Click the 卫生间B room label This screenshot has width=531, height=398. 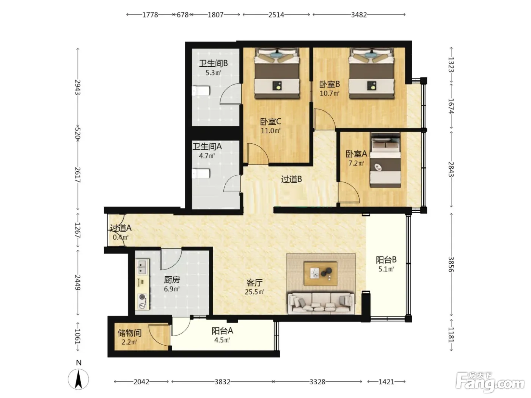214,64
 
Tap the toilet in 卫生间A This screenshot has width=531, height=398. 201,174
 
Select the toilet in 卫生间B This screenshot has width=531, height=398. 201,91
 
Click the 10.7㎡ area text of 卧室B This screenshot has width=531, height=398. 330,93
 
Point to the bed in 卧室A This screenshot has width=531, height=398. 385,160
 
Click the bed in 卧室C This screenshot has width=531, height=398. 277,73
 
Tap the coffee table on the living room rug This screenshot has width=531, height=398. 320,274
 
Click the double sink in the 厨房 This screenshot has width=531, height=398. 142,267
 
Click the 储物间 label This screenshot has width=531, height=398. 129,333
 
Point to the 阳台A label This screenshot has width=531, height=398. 222,331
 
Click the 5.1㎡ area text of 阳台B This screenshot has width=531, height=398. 386,269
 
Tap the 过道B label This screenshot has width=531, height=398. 292,179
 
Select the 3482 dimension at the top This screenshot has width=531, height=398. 359,15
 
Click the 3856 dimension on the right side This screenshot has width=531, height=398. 451,264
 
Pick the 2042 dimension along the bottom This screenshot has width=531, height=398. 141,382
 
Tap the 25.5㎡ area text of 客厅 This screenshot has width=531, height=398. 254,292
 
